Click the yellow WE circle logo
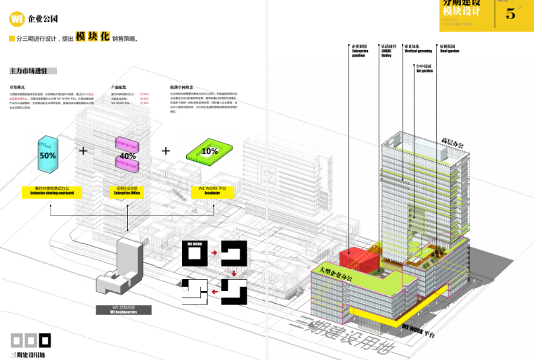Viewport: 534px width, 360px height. (x=17, y=19)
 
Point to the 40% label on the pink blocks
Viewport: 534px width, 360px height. (x=127, y=155)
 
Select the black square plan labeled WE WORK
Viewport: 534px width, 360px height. (x=195, y=253)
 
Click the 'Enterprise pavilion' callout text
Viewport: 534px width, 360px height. (x=359, y=53)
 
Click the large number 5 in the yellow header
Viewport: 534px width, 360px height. (x=510, y=12)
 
